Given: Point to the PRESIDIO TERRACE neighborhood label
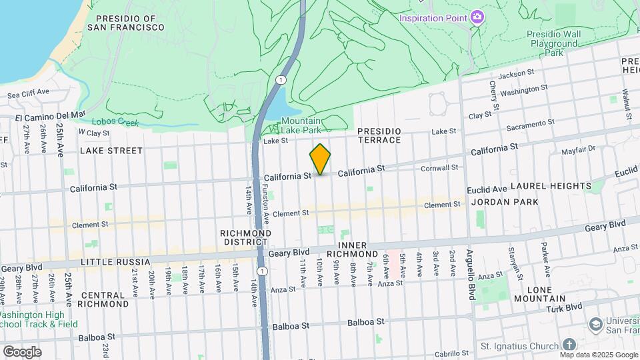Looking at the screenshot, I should click(x=379, y=135).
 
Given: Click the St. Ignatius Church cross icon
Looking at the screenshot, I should click(x=569, y=345).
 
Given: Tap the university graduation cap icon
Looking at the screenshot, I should click(x=595, y=324).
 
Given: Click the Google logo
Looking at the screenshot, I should click(x=22, y=351).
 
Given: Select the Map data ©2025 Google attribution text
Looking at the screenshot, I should click(x=599, y=355).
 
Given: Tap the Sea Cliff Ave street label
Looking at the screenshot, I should click(x=29, y=93).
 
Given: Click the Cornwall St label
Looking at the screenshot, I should click(x=439, y=168).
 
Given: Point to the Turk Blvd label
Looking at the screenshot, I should click(x=566, y=307).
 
